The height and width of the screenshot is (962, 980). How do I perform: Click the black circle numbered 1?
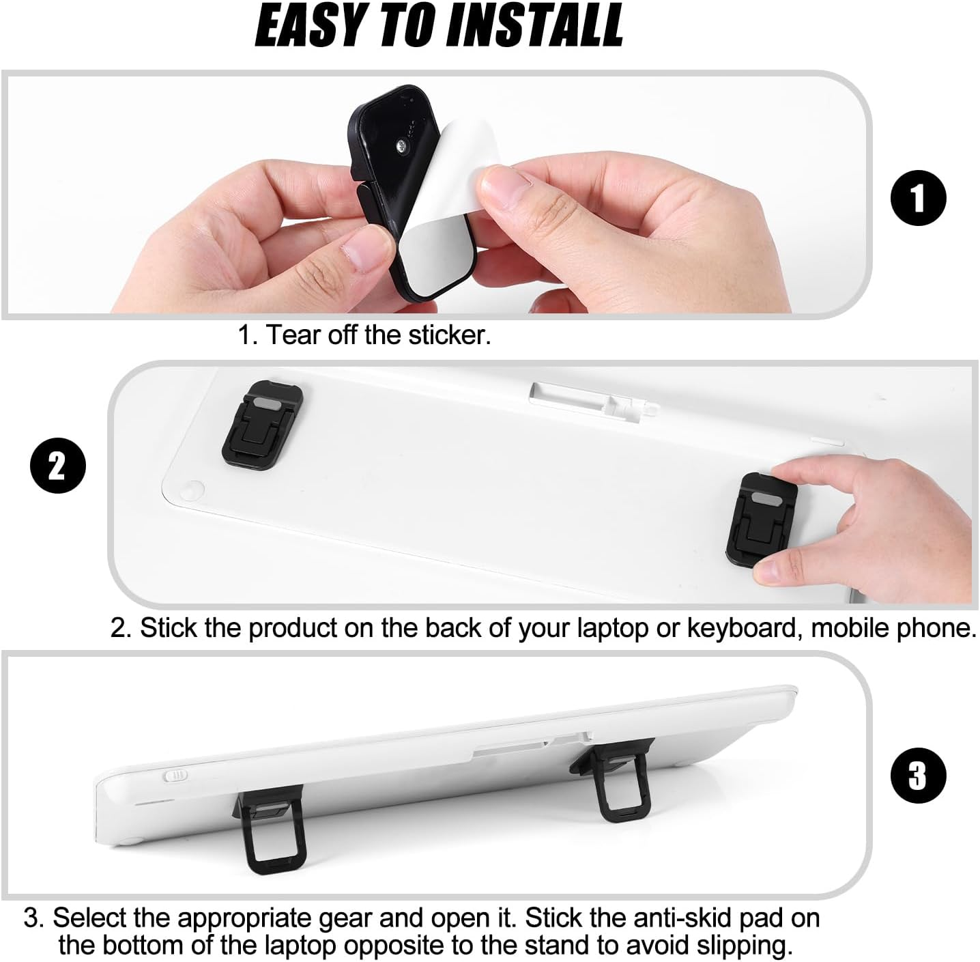pyautogui.click(x=919, y=198)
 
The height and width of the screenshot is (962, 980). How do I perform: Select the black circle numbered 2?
pyautogui.click(x=58, y=465)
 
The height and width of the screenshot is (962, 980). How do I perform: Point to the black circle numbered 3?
pyautogui.click(x=919, y=775)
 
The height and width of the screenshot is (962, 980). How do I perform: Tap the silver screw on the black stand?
pyautogui.click(x=403, y=147)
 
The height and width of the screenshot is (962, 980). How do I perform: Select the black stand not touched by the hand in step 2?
pyautogui.click(x=263, y=425)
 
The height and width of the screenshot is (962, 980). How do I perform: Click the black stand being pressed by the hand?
pyautogui.click(x=760, y=519)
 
